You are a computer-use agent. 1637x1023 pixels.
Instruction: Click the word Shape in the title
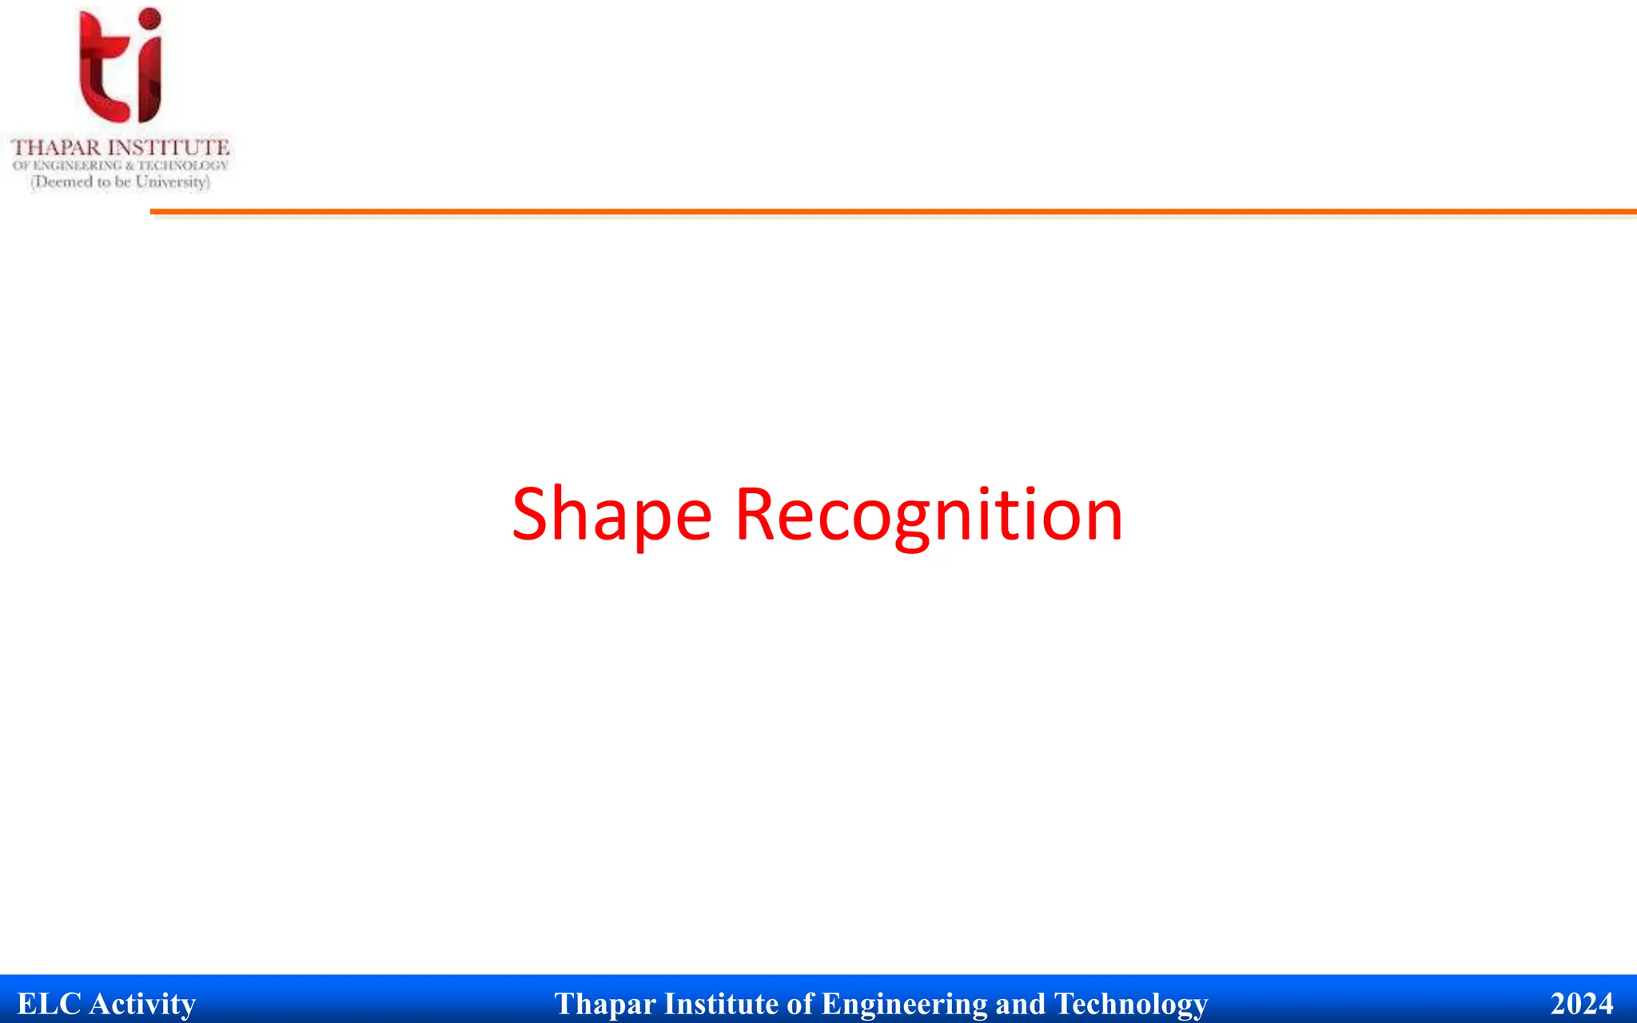tap(611, 515)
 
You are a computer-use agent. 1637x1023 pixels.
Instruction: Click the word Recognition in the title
tap(929, 515)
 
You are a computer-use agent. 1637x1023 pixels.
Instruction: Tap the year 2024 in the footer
tap(1581, 1004)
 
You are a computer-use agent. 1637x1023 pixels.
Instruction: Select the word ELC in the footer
tap(49, 1004)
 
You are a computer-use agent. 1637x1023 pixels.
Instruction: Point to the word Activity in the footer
tap(142, 1004)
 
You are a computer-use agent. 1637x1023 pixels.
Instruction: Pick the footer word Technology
tap(1131, 1004)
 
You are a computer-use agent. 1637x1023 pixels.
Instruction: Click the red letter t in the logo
tap(100, 68)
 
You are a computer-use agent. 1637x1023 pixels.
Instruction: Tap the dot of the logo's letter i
tap(149, 19)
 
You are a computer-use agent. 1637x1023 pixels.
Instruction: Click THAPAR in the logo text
tap(57, 148)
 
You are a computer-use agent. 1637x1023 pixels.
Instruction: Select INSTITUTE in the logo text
tap(169, 148)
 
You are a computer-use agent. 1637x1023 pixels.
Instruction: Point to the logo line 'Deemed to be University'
tap(121, 182)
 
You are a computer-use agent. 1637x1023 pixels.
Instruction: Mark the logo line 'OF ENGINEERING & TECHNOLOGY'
tap(121, 165)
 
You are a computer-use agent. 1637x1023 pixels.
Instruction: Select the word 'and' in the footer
tap(1021, 1004)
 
